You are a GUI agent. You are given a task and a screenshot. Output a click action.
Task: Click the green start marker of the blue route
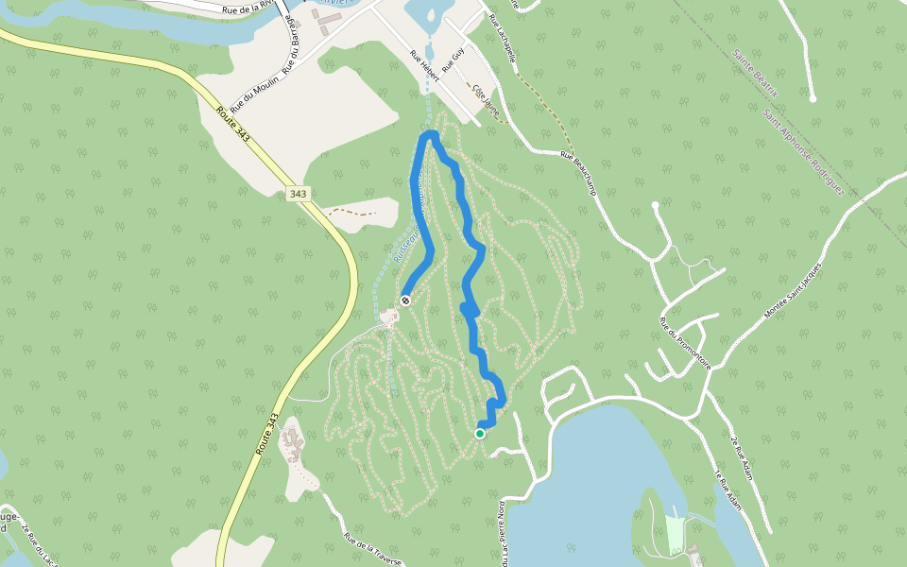pyautogui.click(x=480, y=434)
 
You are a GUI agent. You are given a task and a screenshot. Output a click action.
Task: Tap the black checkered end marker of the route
pyautogui.click(x=405, y=301)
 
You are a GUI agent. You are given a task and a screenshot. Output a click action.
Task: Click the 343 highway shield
pyautogui.click(x=299, y=194)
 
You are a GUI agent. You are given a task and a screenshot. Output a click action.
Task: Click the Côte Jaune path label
pyautogui.click(x=486, y=99)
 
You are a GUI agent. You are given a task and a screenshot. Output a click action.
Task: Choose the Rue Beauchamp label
pyautogui.click(x=579, y=174)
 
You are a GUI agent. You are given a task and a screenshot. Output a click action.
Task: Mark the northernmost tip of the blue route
pyautogui.click(x=430, y=134)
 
